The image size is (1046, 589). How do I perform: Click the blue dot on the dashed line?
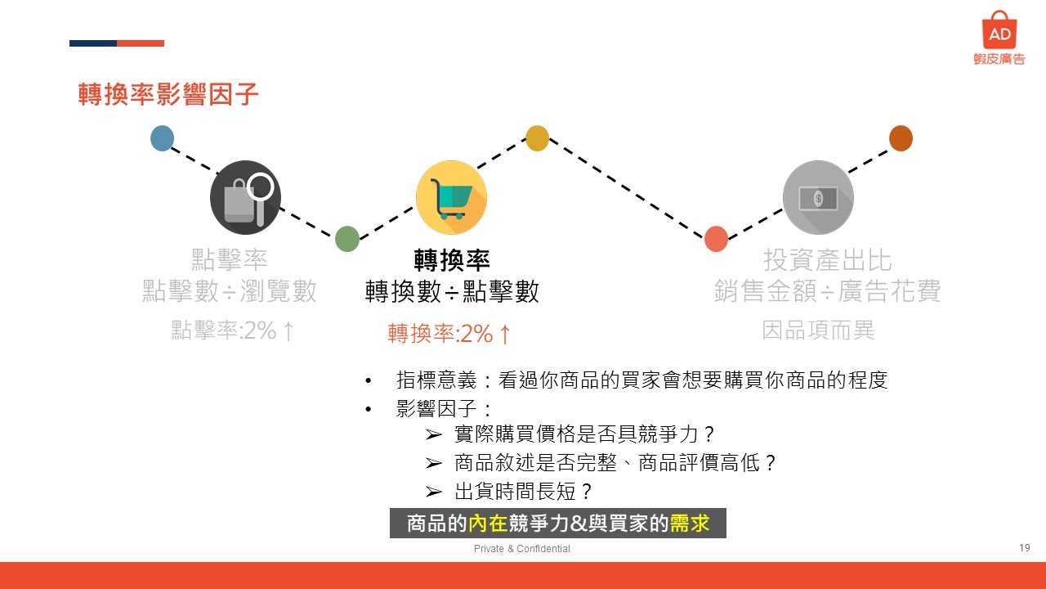click(162, 138)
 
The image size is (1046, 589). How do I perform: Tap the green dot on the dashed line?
click(347, 239)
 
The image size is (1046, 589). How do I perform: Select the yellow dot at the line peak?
click(537, 138)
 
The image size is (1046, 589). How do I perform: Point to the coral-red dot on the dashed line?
click(716, 239)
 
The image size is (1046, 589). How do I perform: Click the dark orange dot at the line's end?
click(901, 138)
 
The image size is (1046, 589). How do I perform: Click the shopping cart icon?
click(451, 197)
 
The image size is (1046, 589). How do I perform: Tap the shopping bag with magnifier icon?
click(246, 197)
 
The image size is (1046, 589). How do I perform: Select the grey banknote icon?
click(818, 197)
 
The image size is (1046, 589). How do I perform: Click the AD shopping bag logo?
click(999, 30)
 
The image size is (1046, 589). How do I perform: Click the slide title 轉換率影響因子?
click(168, 94)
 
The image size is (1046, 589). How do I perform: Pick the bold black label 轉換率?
click(452, 260)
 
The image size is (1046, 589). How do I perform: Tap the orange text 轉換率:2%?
click(440, 334)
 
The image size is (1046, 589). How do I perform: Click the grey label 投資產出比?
click(828, 260)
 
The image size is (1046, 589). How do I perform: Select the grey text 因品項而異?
click(818, 330)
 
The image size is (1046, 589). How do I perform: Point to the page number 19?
click(1025, 547)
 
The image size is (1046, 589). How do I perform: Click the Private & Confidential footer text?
click(521, 548)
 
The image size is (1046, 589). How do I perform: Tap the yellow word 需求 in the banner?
click(689, 523)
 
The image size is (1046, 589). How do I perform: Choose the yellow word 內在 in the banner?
click(488, 523)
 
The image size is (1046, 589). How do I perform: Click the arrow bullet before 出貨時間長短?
click(433, 492)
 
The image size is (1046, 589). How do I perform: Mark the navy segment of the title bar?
click(93, 43)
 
